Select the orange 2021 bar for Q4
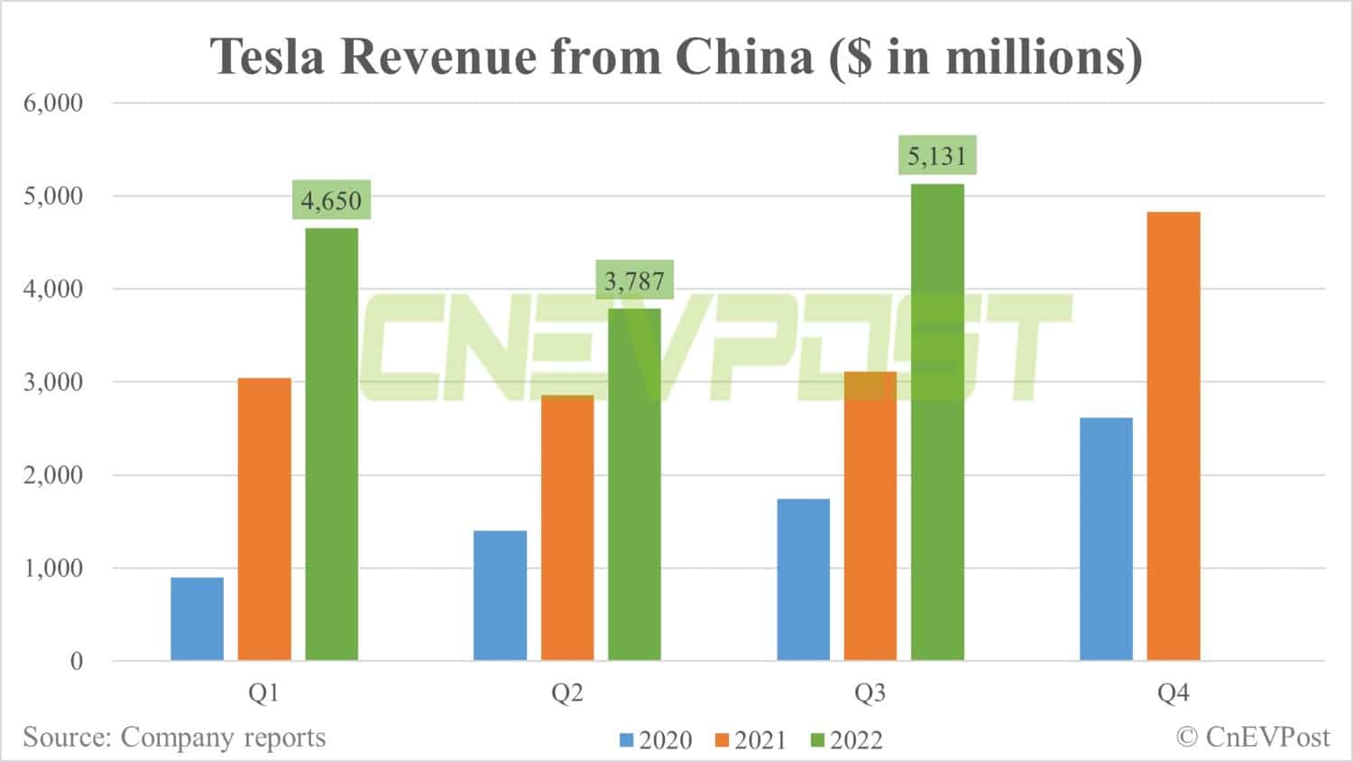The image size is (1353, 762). coord(1174,436)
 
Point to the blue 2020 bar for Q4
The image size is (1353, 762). coord(1106,539)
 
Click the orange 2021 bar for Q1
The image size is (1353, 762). coord(264,519)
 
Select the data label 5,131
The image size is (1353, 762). coord(937,156)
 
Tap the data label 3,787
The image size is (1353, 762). coord(634,281)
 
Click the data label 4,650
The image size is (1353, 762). coord(331,200)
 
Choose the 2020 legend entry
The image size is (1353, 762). coord(656,740)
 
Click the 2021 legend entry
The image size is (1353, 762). coord(750,740)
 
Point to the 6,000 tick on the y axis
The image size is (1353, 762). coord(53,103)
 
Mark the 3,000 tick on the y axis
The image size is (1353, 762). coord(53,381)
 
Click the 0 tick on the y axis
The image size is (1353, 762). coord(77,661)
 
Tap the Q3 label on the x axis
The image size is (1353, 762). coord(870,693)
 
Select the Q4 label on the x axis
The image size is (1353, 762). coord(1174,693)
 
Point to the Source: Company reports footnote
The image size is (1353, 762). coord(174,737)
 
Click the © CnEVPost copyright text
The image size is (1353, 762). coord(1253,737)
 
